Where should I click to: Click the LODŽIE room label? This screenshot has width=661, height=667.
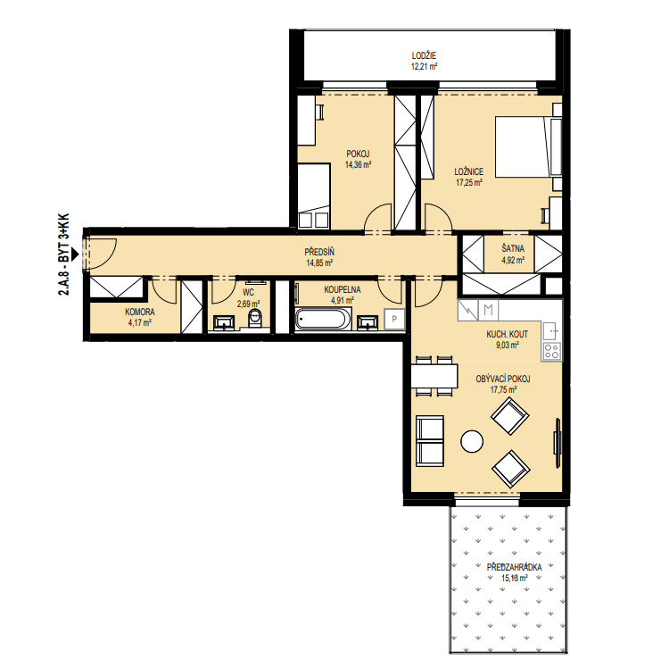click(x=424, y=55)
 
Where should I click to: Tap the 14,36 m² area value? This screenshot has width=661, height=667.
click(x=359, y=164)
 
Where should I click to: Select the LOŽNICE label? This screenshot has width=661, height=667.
click(x=469, y=171)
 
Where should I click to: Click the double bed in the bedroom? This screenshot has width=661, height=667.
click(x=528, y=146)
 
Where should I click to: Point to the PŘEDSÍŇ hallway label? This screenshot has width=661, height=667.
click(x=319, y=252)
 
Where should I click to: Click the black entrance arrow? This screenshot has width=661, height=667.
click(x=75, y=254)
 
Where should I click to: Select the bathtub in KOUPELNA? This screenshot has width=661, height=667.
click(x=324, y=319)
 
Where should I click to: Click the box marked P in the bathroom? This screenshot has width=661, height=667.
click(x=394, y=319)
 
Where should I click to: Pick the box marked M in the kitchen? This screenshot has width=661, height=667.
click(x=489, y=310)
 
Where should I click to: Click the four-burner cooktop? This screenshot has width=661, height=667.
click(x=552, y=352)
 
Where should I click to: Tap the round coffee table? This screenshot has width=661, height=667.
click(x=472, y=442)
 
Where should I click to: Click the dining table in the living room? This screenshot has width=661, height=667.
click(x=434, y=376)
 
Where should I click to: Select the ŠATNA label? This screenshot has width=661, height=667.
click(x=513, y=248)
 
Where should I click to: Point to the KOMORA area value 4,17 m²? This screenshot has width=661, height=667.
click(x=139, y=323)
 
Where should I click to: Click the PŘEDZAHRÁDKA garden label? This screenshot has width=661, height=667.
click(x=514, y=567)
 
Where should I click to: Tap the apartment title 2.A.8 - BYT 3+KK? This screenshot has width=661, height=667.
click(x=63, y=254)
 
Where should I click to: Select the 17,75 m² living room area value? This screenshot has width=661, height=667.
click(x=504, y=389)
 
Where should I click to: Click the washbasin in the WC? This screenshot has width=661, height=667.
click(x=223, y=322)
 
